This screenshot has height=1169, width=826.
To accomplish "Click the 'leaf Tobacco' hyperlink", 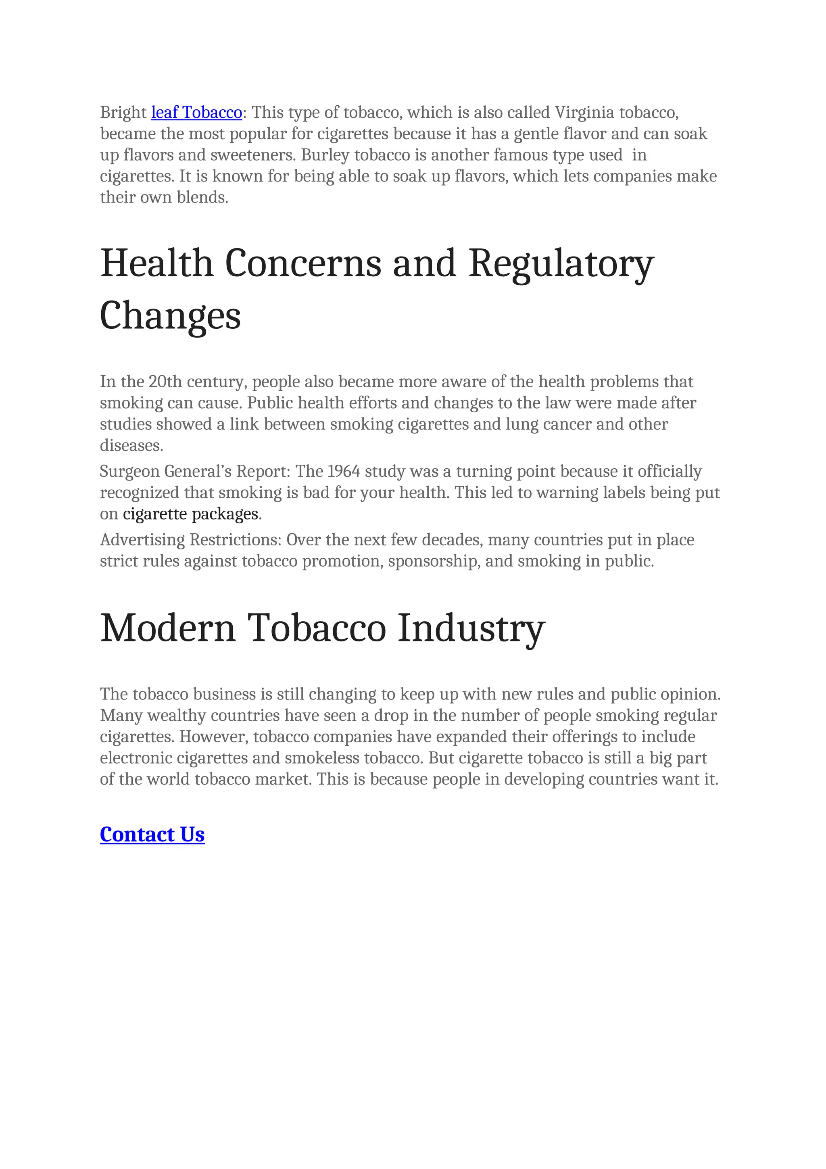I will pyautogui.click(x=196, y=113).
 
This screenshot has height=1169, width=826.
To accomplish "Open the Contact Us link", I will pyautogui.click(x=152, y=835).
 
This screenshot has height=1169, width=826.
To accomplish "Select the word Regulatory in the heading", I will pyautogui.click(x=561, y=264).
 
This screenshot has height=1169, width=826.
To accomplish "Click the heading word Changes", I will pyautogui.click(x=170, y=316).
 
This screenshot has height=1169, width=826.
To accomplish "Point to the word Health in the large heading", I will pyautogui.click(x=156, y=264).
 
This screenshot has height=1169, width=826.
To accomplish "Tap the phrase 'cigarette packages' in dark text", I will pyautogui.click(x=190, y=514).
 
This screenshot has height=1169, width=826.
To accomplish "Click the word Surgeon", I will pyautogui.click(x=130, y=472).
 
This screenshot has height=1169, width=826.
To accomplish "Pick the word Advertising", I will pyautogui.click(x=142, y=540).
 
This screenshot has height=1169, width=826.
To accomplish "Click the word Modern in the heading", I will pyautogui.click(x=168, y=628).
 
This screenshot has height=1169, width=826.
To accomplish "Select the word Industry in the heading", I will pyautogui.click(x=471, y=628).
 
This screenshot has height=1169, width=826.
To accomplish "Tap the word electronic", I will pyautogui.click(x=136, y=758).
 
